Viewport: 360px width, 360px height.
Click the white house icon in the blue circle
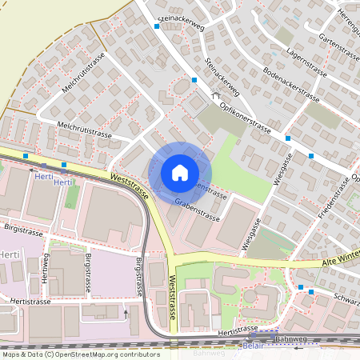tap(180, 173)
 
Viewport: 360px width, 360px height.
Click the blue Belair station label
tap(253, 346)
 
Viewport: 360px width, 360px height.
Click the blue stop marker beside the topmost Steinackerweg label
tap(157, 26)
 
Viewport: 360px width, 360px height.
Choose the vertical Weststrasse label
tap(172, 297)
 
